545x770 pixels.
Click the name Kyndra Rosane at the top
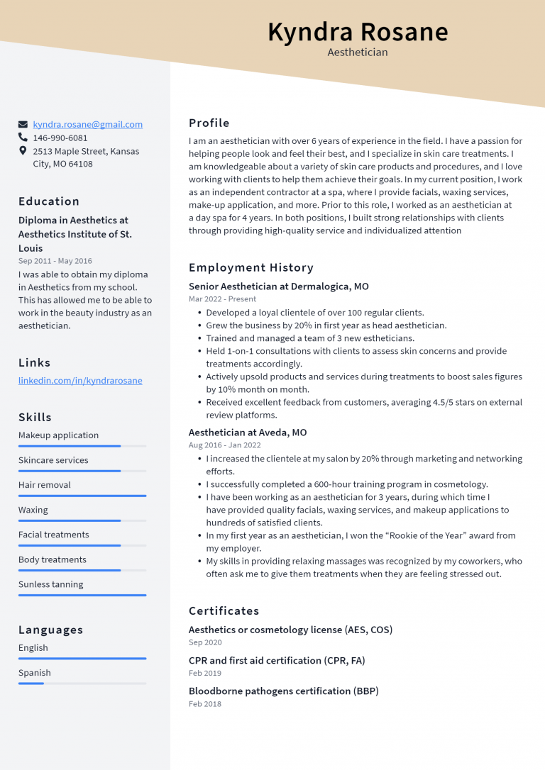(358, 32)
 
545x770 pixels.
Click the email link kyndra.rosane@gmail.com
(87, 124)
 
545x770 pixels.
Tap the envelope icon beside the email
(23, 124)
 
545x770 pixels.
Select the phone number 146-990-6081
(60, 138)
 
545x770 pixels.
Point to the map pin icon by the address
(23, 151)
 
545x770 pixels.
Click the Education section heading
(49, 201)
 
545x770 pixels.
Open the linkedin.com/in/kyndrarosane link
(80, 381)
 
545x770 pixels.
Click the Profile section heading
(209, 123)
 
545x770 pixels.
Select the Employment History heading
(251, 268)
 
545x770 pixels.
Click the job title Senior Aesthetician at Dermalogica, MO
(278, 286)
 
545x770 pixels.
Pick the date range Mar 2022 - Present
(222, 299)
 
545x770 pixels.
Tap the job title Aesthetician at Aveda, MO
(248, 433)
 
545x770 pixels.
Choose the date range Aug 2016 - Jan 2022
(224, 445)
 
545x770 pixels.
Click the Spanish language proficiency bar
(82, 683)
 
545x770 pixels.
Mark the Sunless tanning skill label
(50, 584)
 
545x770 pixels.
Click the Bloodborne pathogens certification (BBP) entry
(283, 691)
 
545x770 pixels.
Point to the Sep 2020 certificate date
(205, 642)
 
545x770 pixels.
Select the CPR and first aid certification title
(277, 660)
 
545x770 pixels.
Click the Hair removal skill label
(45, 485)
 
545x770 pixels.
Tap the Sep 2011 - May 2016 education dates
(55, 261)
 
